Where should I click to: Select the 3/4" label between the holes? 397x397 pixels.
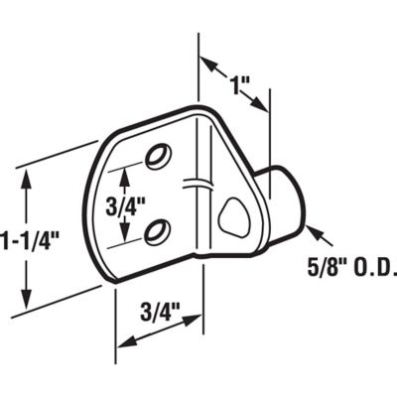click(126, 205)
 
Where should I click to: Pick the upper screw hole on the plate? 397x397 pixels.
click(156, 156)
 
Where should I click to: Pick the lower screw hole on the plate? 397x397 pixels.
click(155, 231)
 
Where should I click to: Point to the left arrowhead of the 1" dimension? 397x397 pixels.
click(206, 65)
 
